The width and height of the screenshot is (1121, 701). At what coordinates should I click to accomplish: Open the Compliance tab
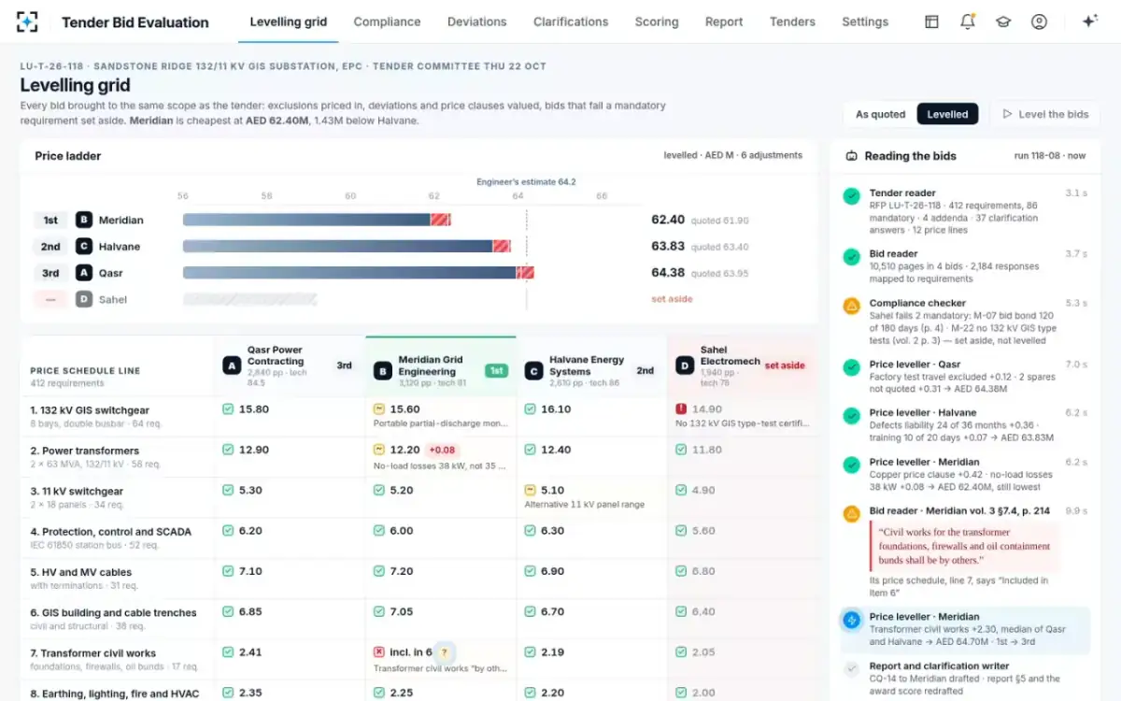387,22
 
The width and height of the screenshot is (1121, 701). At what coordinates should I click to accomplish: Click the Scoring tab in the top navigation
657,22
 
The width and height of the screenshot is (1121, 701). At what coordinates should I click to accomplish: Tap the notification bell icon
968,21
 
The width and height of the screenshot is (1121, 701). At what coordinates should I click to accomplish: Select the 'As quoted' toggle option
880,114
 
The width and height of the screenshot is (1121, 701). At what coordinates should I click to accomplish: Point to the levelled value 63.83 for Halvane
668,247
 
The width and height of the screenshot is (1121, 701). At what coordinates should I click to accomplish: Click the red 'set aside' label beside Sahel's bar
672,299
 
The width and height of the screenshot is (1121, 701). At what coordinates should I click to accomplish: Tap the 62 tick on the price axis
433,195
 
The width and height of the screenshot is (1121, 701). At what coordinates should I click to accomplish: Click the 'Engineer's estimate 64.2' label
526,181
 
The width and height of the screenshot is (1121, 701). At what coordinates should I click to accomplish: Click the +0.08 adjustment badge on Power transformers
442,451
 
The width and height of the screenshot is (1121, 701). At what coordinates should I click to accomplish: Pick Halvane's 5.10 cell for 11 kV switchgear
552,490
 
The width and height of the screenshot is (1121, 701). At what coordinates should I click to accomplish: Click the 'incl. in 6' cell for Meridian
410,652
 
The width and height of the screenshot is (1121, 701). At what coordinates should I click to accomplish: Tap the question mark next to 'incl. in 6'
444,652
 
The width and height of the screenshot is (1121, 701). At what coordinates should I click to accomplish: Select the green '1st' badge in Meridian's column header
496,370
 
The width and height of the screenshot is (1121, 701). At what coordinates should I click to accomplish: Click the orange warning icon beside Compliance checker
851,306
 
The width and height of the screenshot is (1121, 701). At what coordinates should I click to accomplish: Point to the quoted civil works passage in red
964,546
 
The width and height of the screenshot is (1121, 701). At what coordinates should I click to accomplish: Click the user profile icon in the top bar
1039,21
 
